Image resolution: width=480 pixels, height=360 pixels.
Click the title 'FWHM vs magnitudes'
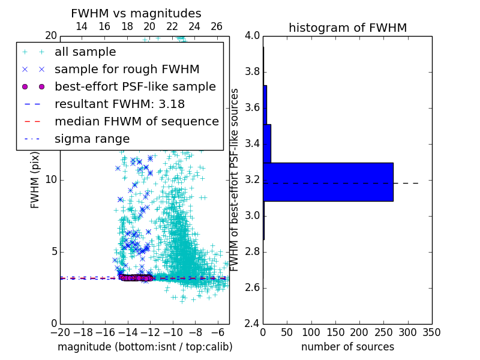(x=136, y=13)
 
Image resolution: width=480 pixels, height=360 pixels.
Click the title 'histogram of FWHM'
(x=347, y=28)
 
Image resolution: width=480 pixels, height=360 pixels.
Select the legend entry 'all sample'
(x=85, y=52)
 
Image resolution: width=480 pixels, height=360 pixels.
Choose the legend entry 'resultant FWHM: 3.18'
(x=119, y=104)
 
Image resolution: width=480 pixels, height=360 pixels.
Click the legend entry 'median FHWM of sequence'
(x=136, y=122)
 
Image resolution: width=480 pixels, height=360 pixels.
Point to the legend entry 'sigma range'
(x=92, y=139)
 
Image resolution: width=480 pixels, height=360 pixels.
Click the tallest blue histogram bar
(x=328, y=182)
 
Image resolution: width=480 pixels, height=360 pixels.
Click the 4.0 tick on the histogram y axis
(x=251, y=35)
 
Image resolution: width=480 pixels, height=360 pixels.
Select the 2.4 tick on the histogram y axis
(x=251, y=323)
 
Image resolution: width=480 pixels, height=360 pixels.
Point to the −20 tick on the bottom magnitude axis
(x=60, y=332)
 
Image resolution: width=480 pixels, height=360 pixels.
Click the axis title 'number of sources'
(x=347, y=347)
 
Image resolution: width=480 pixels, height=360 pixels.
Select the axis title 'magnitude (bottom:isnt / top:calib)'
(x=145, y=347)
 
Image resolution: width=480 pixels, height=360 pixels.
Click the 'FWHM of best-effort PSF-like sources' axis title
(x=235, y=179)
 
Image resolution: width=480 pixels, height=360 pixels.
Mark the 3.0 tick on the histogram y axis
(x=251, y=215)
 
